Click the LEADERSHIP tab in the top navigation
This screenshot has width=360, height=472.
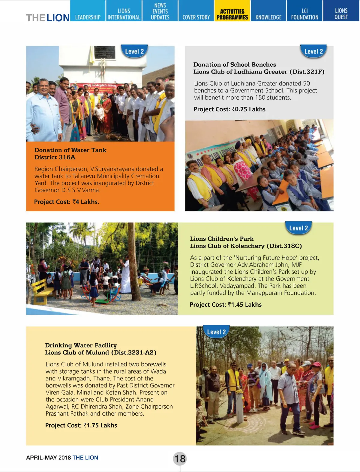click(88, 17)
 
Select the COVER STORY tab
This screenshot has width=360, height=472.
click(196, 17)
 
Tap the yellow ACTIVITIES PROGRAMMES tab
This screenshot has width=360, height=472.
click(232, 14)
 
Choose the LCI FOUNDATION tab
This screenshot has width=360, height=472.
click(304, 14)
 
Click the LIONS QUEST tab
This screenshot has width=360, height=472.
click(341, 14)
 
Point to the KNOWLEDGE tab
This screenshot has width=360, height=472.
click(268, 17)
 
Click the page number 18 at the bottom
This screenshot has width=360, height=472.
click(180, 458)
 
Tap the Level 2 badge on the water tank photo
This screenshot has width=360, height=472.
click(134, 51)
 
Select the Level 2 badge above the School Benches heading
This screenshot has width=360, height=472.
click(313, 51)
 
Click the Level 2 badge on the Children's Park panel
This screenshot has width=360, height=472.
click(298, 228)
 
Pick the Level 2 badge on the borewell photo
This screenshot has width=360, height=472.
click(216, 332)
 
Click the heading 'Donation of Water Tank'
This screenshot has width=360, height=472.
click(70, 150)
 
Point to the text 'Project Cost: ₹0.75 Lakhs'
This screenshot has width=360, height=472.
click(229, 109)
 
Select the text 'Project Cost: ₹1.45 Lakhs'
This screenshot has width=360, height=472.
click(226, 305)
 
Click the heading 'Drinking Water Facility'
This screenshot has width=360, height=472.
click(81, 345)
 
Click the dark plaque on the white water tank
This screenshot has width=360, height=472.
click(104, 53)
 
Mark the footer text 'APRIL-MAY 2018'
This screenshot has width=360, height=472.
click(48, 458)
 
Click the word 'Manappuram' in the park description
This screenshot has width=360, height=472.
click(265, 293)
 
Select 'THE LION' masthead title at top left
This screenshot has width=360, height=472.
click(48, 18)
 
